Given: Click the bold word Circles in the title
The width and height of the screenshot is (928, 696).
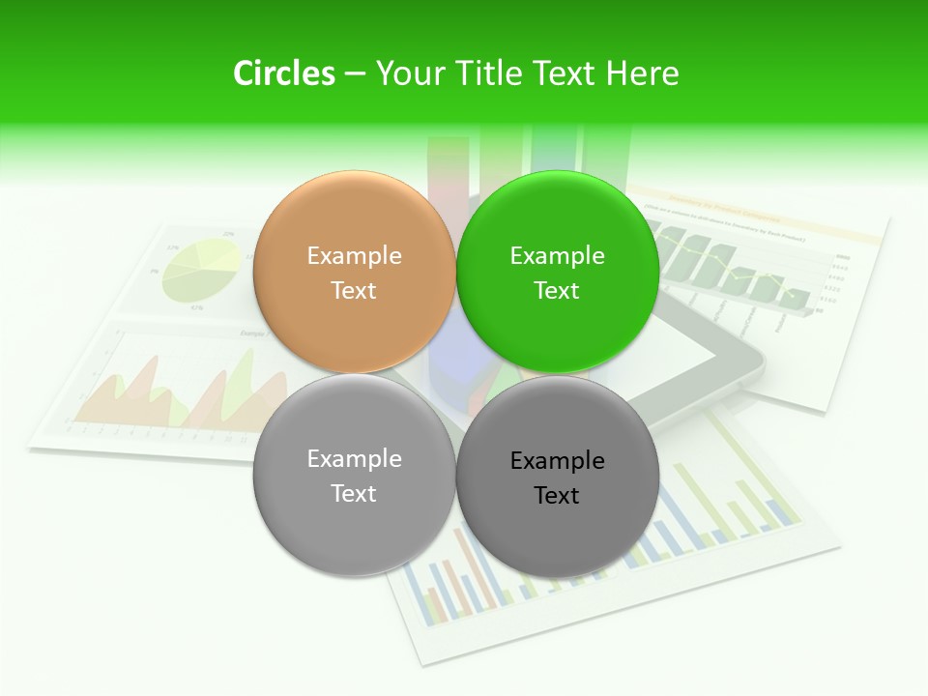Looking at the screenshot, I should click(x=283, y=73).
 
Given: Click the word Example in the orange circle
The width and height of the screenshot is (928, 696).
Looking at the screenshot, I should click(x=354, y=256).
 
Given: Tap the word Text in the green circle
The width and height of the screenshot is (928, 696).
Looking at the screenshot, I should click(x=557, y=291).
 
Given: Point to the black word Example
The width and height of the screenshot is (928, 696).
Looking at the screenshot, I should click(x=557, y=461).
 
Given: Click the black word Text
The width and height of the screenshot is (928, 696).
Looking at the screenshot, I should click(x=557, y=496).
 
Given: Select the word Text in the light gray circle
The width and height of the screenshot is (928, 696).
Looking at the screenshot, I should click(x=354, y=494).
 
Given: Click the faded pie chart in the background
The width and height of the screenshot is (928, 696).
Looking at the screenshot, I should click(x=201, y=270).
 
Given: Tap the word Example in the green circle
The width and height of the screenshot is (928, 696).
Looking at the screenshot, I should click(x=557, y=256).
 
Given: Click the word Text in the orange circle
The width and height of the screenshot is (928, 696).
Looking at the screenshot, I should click(x=354, y=291).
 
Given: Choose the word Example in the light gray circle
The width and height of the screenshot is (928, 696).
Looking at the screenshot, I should click(x=354, y=459).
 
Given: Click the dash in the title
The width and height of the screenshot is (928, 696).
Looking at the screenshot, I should click(x=354, y=74).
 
